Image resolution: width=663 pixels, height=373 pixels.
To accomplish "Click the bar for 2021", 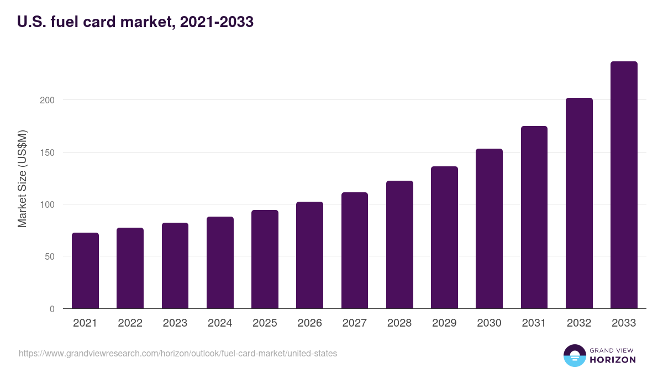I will (x=85, y=271).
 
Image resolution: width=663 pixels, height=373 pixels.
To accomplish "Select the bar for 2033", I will (x=624, y=185).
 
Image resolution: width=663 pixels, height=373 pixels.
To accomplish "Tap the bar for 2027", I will (x=355, y=250).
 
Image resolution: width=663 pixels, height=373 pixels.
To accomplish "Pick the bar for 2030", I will (x=489, y=229).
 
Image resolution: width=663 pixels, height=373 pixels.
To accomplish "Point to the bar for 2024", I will (x=220, y=262).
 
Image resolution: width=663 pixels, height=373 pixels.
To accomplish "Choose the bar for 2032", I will (x=579, y=203).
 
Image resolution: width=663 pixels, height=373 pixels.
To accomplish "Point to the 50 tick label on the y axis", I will (x=50, y=256).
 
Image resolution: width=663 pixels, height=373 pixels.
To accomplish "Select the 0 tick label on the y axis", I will (x=52, y=309).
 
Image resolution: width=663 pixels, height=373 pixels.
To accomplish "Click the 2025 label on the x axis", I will (x=265, y=323).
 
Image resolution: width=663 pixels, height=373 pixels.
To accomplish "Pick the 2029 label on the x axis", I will (x=444, y=323).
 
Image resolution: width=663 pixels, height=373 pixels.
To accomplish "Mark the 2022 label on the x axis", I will (x=130, y=323).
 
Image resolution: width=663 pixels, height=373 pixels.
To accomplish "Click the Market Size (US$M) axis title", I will (x=22, y=178).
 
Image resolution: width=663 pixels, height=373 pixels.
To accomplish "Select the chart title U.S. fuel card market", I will (x=135, y=22).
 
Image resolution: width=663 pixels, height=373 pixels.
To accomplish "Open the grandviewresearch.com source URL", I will (x=178, y=353).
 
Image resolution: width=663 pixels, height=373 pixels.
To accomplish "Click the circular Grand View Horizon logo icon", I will (x=575, y=356).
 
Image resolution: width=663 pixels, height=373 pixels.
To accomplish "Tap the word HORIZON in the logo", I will (x=613, y=360).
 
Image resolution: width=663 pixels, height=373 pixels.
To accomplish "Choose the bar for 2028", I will (x=399, y=245).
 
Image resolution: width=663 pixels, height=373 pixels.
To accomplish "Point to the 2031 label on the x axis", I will (x=534, y=323).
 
